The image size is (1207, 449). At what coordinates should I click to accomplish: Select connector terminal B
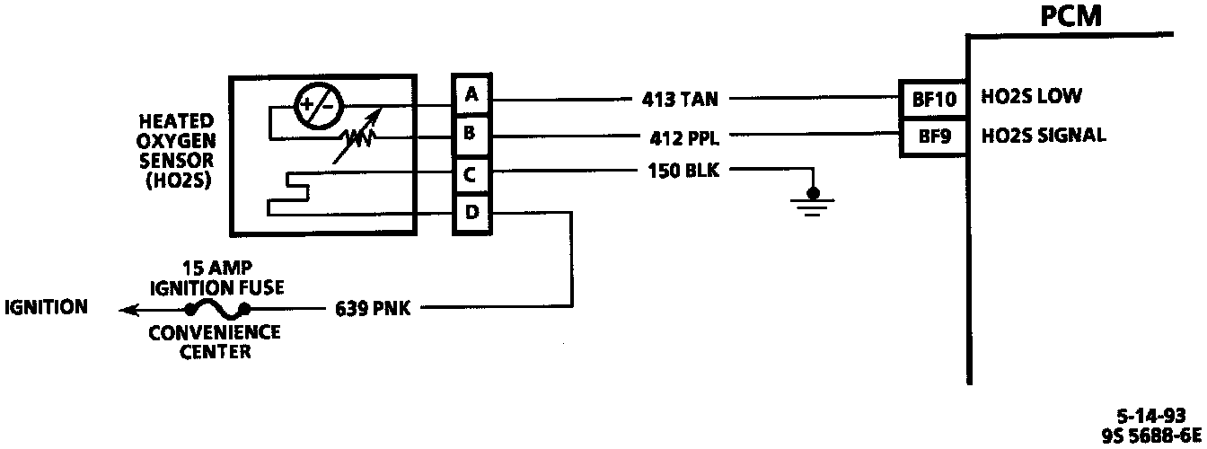(471, 135)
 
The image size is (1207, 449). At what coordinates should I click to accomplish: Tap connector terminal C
(471, 174)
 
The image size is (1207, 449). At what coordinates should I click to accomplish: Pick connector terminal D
(471, 214)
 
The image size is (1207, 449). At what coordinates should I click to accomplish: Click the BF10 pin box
(932, 97)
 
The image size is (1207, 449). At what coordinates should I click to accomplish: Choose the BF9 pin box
(932, 137)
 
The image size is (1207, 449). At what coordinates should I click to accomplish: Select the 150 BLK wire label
(683, 170)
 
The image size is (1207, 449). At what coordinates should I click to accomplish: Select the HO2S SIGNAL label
(1044, 136)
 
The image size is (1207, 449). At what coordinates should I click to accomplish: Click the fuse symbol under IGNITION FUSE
(216, 309)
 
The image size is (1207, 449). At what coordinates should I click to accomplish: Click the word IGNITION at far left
(47, 308)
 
